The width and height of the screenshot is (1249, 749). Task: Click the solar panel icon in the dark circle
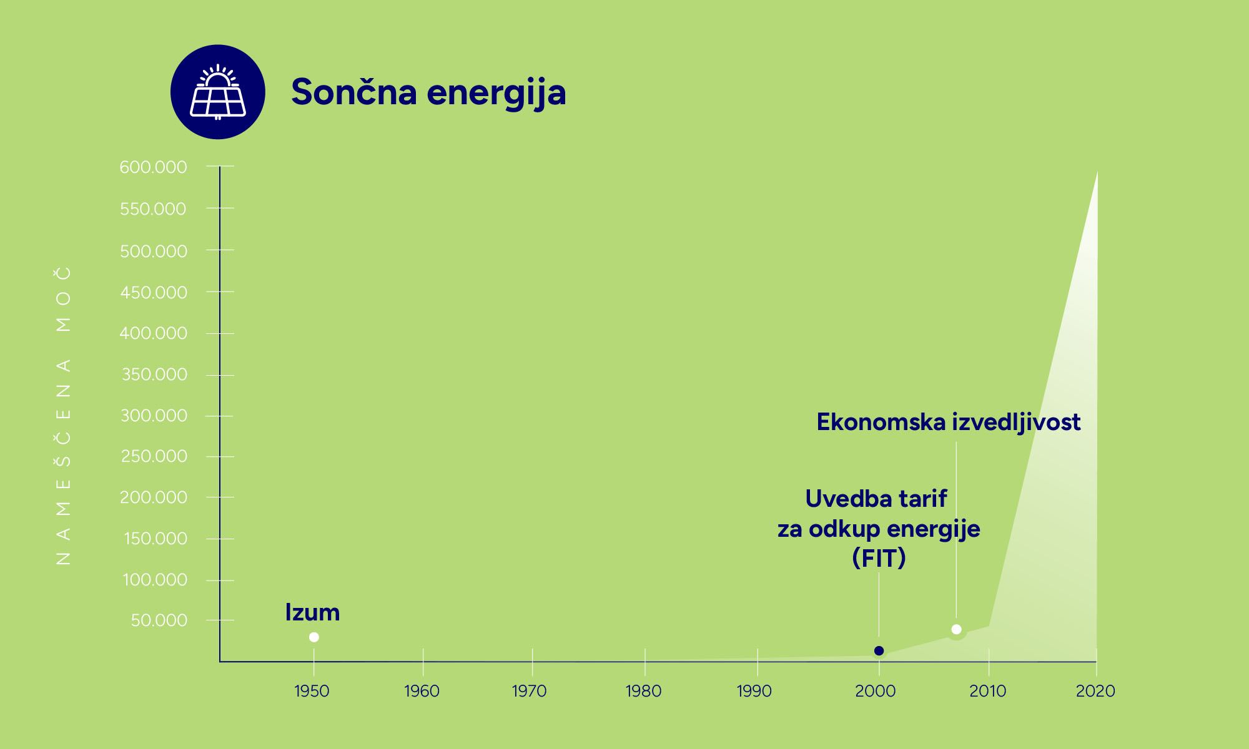(217, 92)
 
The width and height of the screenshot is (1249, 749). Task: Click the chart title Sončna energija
(428, 92)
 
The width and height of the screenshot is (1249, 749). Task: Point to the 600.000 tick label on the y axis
(153, 167)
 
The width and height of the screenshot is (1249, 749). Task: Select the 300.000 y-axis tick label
(154, 416)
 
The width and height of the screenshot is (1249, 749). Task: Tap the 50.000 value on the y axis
(159, 620)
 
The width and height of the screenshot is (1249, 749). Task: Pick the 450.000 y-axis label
(154, 292)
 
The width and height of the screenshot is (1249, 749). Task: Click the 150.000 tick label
(155, 539)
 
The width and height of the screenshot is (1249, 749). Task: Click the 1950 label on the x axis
(312, 691)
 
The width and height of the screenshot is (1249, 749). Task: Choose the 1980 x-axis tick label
(643, 691)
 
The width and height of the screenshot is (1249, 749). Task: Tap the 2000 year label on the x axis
(876, 691)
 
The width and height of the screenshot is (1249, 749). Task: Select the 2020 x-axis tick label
(1095, 691)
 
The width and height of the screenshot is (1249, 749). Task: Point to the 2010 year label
(987, 691)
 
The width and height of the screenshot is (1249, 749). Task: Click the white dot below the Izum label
(314, 637)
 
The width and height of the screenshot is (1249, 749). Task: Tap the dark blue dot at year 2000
(879, 651)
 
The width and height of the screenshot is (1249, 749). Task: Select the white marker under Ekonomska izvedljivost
(956, 629)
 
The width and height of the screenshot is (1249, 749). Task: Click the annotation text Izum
(312, 612)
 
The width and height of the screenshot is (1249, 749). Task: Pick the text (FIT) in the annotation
(879, 558)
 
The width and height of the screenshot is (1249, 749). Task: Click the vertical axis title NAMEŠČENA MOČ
(64, 416)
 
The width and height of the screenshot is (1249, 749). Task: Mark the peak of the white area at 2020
(1097, 173)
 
